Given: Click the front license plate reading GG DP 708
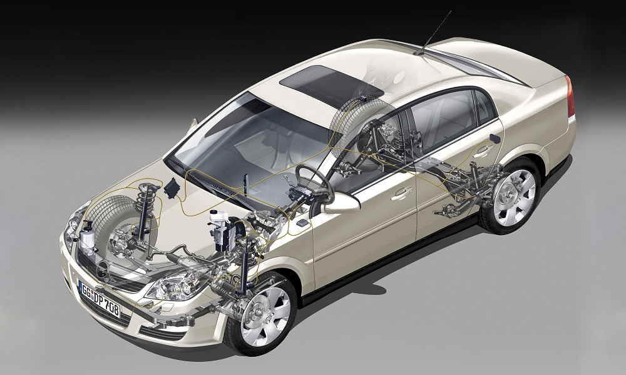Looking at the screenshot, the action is pyautogui.click(x=100, y=299).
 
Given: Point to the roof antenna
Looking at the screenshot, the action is pyautogui.click(x=433, y=32).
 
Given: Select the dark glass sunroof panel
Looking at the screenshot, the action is pyautogui.click(x=331, y=86).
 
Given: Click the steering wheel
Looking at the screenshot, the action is pyautogui.click(x=315, y=183).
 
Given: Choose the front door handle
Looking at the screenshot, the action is pyautogui.click(x=401, y=193).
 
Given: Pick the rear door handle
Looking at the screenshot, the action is pyautogui.click(x=483, y=151).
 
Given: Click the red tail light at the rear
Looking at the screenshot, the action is pyautogui.click(x=570, y=97).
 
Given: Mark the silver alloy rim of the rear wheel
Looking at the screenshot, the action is pyautogui.click(x=515, y=197).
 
